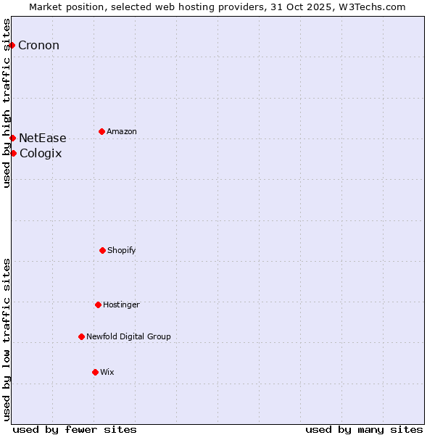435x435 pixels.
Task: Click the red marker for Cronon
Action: tap(12, 45)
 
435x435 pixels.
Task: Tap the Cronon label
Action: tap(38, 46)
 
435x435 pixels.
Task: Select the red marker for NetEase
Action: tap(12, 138)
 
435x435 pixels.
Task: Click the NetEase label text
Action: tap(42, 138)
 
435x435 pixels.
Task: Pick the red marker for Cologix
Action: tap(13, 153)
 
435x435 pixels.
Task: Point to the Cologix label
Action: tap(41, 154)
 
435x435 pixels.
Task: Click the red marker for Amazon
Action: tap(101, 131)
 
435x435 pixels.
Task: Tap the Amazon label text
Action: tap(121, 132)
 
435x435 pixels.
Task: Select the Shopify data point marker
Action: tap(102, 250)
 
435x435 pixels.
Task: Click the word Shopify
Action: tap(121, 251)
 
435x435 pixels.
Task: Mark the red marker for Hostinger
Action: tap(98, 304)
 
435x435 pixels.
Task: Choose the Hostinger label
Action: tap(121, 305)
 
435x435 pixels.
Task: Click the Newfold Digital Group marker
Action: tap(81, 336)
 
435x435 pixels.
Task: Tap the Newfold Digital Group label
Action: tap(128, 337)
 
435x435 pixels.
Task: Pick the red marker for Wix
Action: tap(95, 372)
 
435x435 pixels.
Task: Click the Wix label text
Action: tap(107, 373)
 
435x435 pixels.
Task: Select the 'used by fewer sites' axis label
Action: tap(75, 429)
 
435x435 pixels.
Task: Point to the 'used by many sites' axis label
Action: tap(364, 429)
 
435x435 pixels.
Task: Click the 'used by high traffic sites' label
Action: tap(7, 103)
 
